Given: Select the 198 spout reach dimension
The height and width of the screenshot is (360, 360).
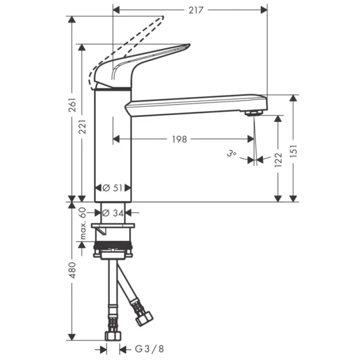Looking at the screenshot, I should pos(179,139).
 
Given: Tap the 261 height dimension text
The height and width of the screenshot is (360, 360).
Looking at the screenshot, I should pos(73,105).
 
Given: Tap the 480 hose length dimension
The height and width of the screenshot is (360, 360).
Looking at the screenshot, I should pos(73,270).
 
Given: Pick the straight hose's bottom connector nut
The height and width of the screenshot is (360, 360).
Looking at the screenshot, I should pos(113,335).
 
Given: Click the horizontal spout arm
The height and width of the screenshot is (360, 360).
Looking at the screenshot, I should pos(195,103).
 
